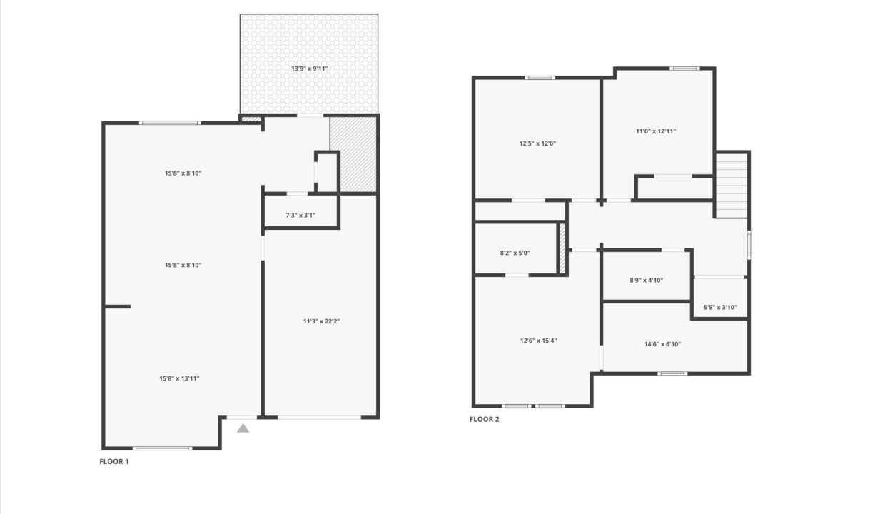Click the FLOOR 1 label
[113, 461]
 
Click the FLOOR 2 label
[485, 419]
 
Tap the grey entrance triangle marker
[243, 428]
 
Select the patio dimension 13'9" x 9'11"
[309, 69]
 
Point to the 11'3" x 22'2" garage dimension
[321, 321]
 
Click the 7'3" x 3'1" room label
[300, 216]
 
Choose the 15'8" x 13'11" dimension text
[179, 378]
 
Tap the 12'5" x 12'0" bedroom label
[537, 143]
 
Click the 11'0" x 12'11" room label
[656, 131]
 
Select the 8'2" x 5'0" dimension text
[515, 253]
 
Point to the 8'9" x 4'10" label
[647, 280]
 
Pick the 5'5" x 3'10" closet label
[720, 308]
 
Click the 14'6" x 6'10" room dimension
[662, 344]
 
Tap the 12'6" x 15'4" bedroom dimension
[539, 341]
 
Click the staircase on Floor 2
[732, 185]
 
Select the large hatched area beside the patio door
[353, 155]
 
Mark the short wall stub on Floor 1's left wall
[117, 306]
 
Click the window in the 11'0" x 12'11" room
[684, 69]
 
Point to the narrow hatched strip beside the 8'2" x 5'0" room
[562, 249]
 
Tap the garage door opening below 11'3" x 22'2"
[319, 417]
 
